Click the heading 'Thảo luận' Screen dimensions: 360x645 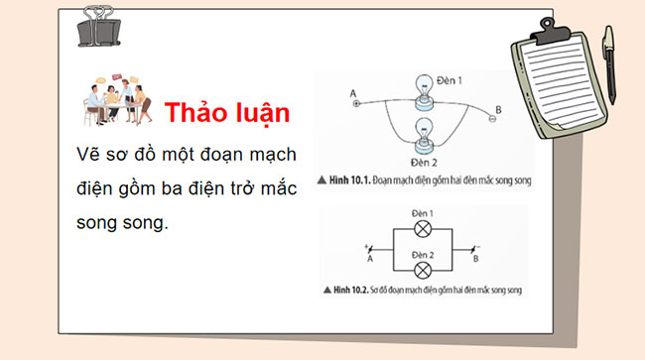227,112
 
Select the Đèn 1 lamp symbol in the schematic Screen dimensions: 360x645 421,230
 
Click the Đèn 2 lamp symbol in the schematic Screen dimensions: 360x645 421,269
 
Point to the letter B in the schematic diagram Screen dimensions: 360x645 475,260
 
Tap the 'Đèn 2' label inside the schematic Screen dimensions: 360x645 421,253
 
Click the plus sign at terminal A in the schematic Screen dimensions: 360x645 367,244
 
